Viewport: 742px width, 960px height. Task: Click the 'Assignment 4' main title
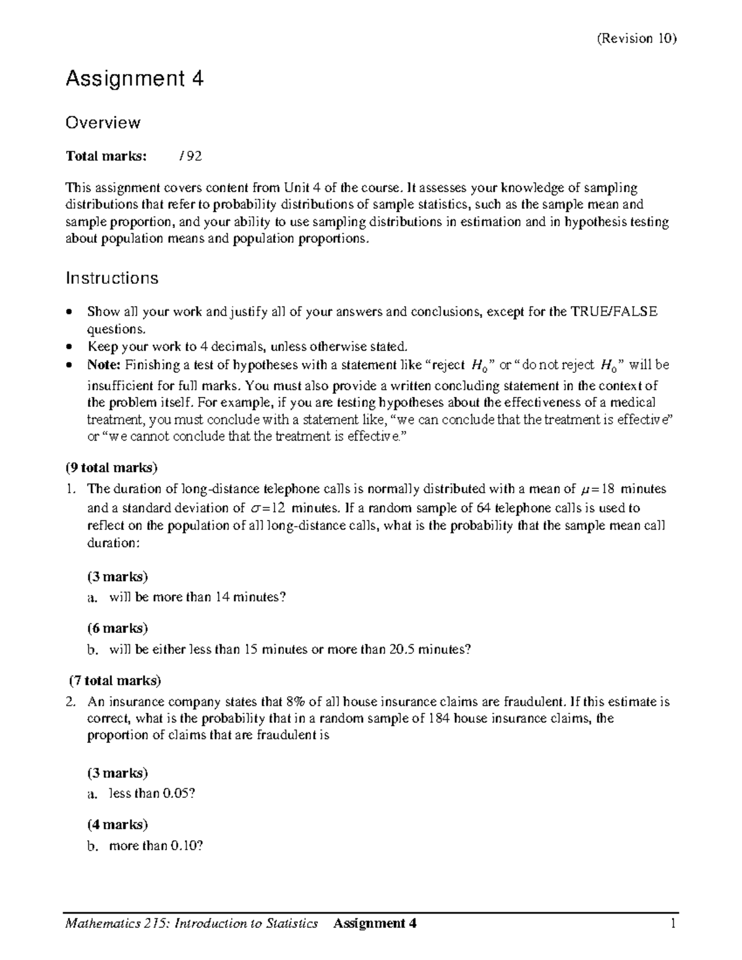[x=135, y=79]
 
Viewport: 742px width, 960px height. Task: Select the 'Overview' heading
[x=103, y=122]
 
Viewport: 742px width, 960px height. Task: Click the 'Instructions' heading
[x=112, y=278]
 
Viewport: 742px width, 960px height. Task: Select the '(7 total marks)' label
[x=115, y=681]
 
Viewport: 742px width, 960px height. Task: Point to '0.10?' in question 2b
[x=186, y=845]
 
